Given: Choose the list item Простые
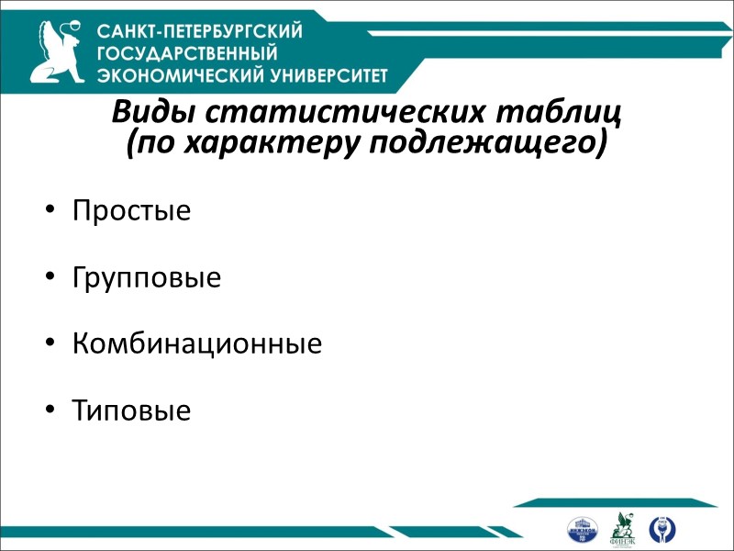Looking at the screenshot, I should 131,210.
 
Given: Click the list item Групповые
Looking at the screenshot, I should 147,277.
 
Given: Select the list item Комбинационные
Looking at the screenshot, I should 197,344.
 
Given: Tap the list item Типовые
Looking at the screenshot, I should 131,410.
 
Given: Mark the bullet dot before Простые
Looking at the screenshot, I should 50,211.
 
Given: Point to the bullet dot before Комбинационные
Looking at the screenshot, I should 50,345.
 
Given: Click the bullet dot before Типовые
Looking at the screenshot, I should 50,411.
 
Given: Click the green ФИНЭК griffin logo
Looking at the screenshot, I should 624,527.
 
